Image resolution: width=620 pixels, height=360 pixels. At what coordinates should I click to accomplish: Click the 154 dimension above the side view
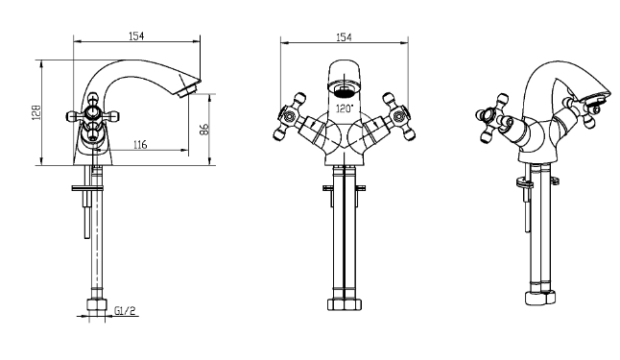point(136,36)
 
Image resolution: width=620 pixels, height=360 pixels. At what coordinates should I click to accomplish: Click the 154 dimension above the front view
point(344,37)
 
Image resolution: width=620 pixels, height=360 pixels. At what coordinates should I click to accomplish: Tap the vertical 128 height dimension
point(36,112)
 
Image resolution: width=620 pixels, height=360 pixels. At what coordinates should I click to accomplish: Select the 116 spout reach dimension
point(140,145)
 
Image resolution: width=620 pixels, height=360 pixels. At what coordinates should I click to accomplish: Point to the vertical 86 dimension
point(204,130)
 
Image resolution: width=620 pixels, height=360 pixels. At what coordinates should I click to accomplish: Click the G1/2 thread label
point(125,311)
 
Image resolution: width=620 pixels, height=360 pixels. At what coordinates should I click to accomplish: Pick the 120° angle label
point(344,108)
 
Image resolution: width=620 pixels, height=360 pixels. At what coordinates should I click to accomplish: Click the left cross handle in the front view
point(290,117)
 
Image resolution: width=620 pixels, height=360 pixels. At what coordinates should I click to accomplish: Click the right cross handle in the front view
point(398,117)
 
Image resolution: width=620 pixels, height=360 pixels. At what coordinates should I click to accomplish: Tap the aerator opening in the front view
point(344,90)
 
